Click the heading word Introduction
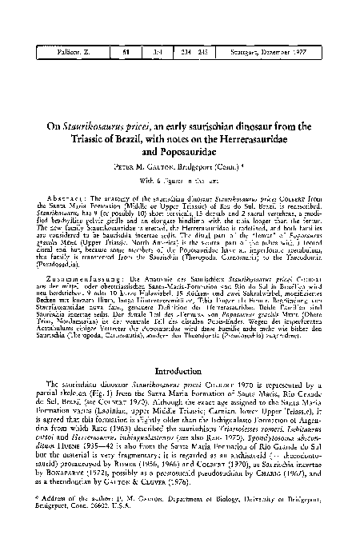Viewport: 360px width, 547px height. click(x=180, y=370)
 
